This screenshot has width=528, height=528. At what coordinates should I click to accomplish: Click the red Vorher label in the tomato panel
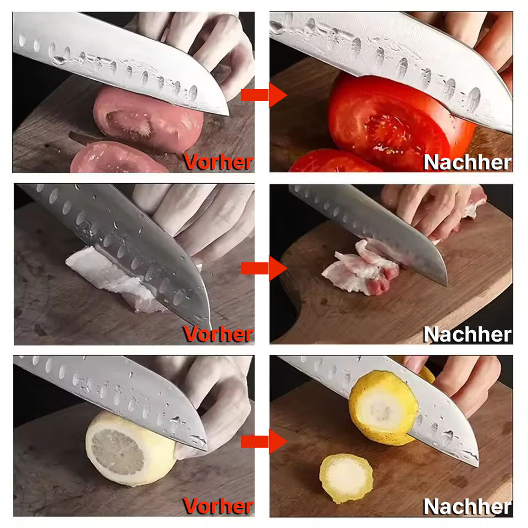tap(218, 162)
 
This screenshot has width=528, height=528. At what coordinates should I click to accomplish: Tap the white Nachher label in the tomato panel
tap(468, 162)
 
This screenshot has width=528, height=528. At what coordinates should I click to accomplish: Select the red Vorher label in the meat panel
tap(218, 334)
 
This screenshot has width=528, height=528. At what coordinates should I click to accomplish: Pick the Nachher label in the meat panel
tap(468, 334)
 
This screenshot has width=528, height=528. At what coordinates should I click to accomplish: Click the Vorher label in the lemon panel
tap(218, 506)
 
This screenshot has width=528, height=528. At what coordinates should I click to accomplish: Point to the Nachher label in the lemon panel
tap(468, 507)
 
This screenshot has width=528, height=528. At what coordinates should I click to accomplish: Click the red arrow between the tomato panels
tap(263, 95)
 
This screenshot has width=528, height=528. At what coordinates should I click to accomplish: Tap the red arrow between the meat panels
tap(263, 268)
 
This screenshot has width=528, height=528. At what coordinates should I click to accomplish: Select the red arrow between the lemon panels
tap(263, 442)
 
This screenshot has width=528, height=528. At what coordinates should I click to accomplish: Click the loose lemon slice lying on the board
tap(346, 478)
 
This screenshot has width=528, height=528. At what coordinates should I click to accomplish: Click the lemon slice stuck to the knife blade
tap(384, 408)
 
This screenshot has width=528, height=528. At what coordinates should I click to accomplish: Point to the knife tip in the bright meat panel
tap(446, 284)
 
